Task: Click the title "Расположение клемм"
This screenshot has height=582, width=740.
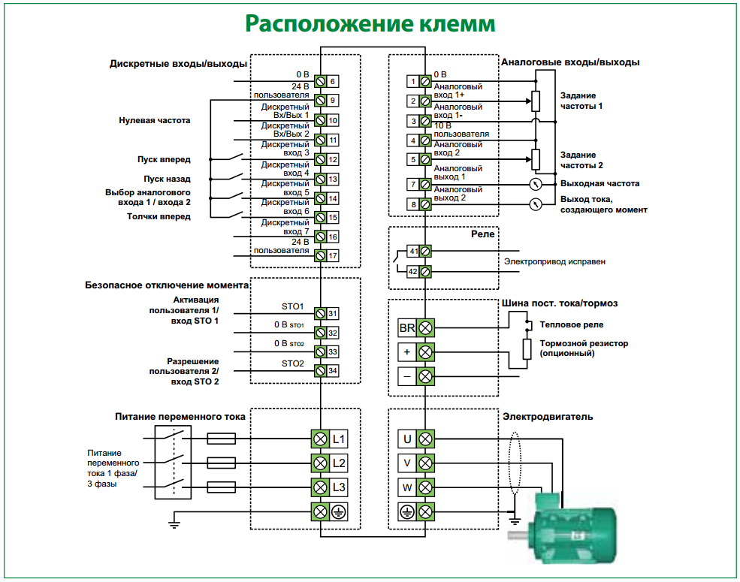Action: point(370,24)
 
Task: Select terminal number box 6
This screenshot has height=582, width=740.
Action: point(333,81)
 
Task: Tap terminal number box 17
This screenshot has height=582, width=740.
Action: point(333,256)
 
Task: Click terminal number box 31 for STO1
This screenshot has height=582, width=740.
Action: point(333,314)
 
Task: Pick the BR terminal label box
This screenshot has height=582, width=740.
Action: point(407,328)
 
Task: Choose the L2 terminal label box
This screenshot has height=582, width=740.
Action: point(340,463)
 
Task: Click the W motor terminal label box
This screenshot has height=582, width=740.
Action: point(407,488)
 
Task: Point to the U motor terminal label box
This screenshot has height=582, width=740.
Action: point(407,439)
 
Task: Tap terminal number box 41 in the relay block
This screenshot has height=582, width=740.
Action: point(412,251)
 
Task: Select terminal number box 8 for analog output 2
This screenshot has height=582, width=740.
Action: point(412,204)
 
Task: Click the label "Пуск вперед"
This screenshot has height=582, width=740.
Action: point(164,160)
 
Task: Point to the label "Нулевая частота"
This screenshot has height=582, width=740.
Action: point(155,120)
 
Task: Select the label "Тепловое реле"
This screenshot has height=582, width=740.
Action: point(572,325)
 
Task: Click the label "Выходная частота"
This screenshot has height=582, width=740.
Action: point(600,183)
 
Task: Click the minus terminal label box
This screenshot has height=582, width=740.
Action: point(407,376)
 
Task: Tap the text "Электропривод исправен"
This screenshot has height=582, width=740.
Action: point(554,261)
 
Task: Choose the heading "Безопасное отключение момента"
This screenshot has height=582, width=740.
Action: point(167,285)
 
